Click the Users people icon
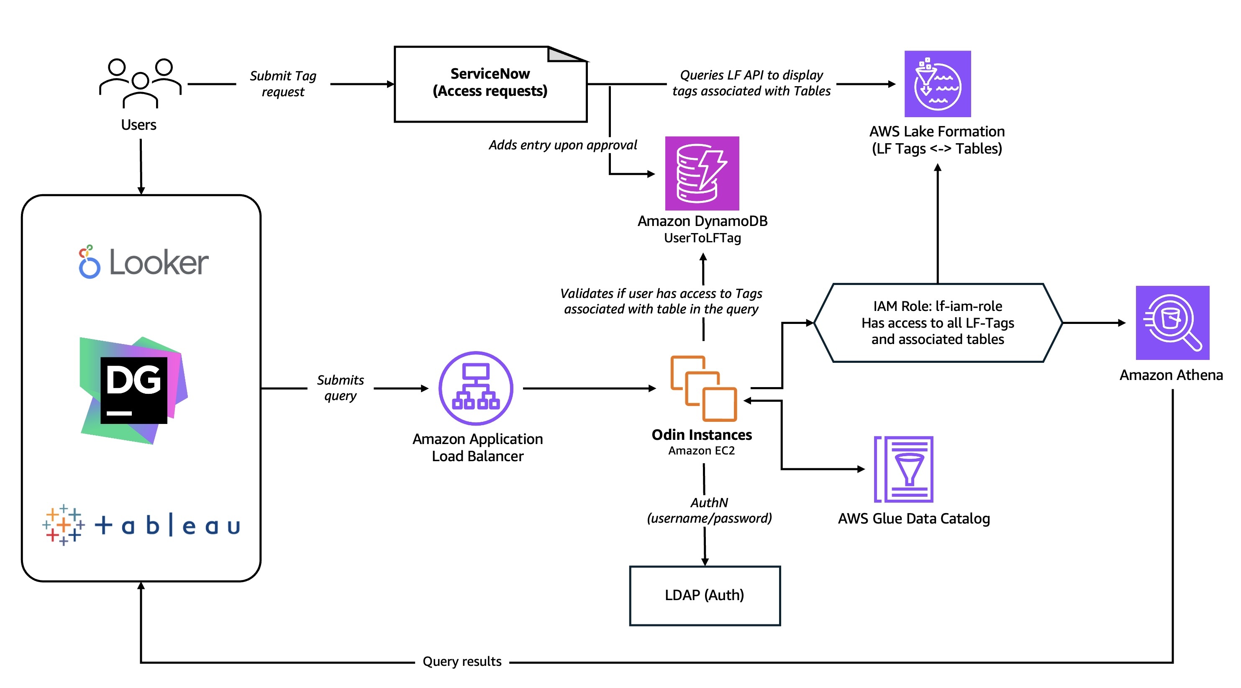click(140, 83)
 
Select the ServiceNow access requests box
click(490, 84)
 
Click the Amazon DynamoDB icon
click(702, 173)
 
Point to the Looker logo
click(144, 262)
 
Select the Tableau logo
click(141, 525)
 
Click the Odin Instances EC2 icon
click(703, 388)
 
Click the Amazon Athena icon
click(1172, 322)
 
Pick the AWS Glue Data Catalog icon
click(904, 469)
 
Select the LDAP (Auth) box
click(704, 596)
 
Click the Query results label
click(462, 661)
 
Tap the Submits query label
click(340, 388)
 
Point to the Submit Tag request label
click(283, 83)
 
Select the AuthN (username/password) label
click(709, 510)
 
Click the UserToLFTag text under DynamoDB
click(702, 238)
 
